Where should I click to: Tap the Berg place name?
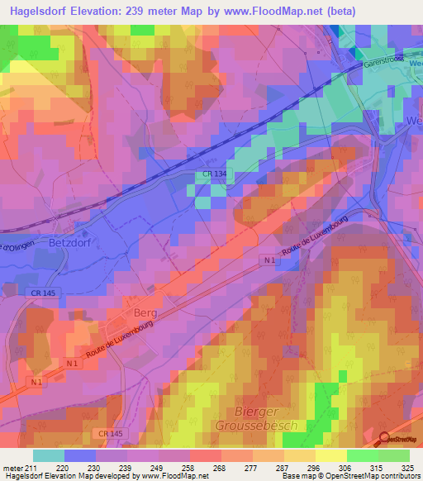coord(145,314)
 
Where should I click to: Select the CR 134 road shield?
coord(212,174)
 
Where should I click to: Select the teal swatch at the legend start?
coord(49,455)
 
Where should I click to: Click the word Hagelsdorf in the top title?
coord(40,11)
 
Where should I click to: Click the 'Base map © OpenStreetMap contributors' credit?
coord(350,476)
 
